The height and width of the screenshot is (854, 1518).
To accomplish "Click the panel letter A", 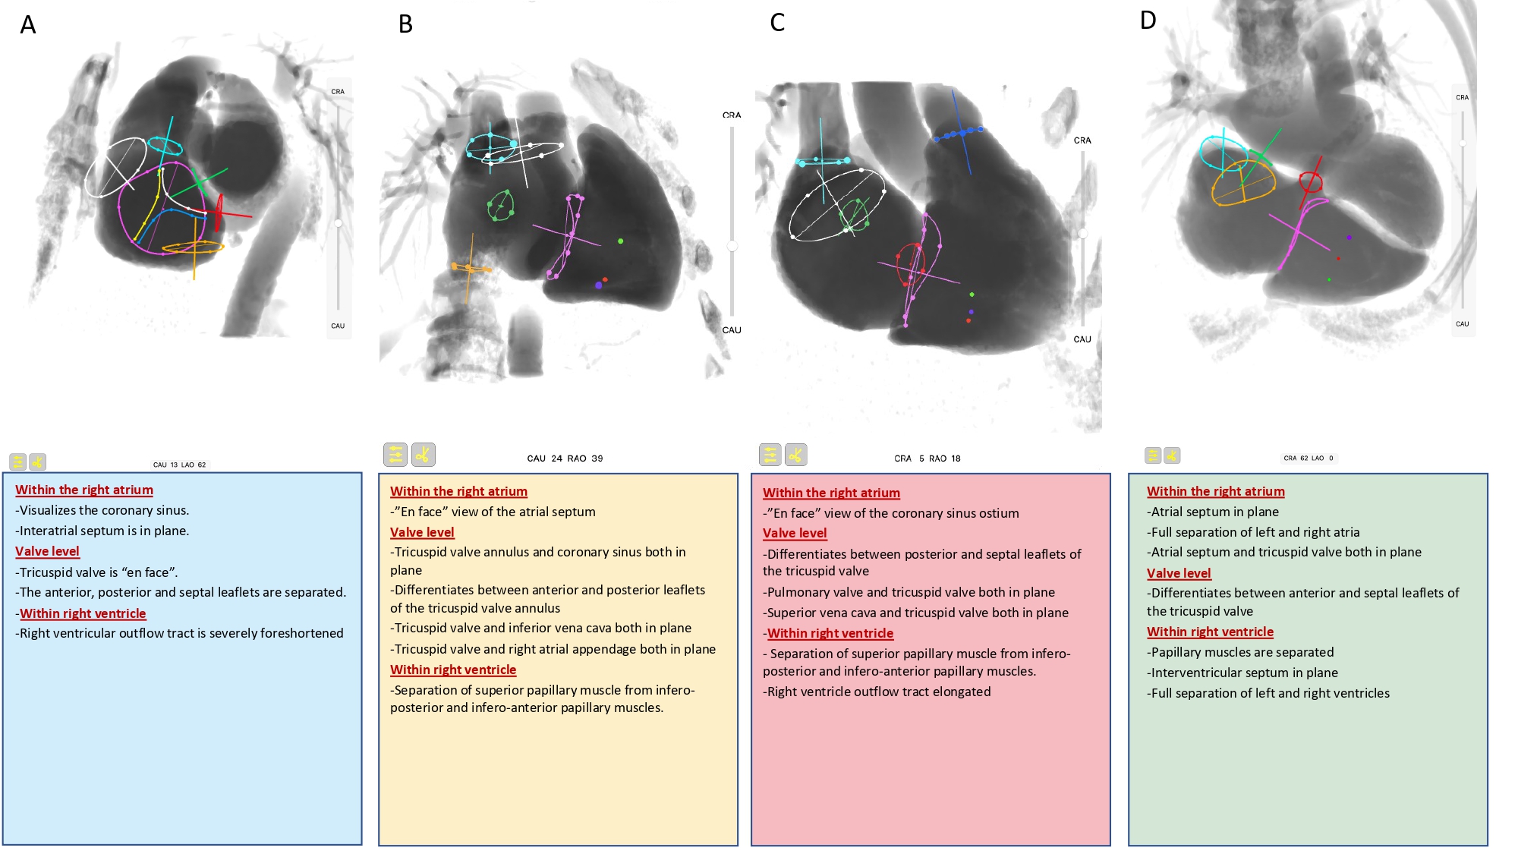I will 28,25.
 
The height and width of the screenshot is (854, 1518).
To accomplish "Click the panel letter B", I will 405,24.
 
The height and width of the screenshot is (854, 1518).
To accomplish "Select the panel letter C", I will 777,23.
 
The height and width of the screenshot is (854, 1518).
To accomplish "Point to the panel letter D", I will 1148,20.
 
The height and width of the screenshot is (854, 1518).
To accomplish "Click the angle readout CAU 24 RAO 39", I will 565,459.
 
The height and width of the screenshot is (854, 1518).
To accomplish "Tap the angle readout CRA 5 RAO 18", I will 927,459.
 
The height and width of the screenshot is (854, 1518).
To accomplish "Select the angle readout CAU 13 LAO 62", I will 179,465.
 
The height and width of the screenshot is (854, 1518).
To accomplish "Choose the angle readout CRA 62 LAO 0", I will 1308,458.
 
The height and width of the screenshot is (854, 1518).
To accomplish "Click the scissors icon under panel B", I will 424,455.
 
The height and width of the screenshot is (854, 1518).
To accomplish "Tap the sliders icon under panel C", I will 770,455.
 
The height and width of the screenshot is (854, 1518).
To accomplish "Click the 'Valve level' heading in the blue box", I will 47,551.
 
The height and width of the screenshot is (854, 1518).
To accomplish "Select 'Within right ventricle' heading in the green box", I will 1210,632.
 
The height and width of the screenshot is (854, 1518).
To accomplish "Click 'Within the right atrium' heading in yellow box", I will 458,491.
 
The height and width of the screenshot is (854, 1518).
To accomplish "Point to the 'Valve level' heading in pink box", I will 795,533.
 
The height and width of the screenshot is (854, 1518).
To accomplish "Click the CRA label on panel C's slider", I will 1082,140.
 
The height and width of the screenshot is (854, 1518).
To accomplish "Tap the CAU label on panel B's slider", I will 732,330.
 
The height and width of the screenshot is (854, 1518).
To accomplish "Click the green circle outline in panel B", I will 500,205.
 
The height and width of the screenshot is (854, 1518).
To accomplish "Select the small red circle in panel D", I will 1311,182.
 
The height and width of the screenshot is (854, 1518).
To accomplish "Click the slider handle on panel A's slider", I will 338,223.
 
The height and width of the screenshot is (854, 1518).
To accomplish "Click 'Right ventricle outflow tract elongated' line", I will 878,692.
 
